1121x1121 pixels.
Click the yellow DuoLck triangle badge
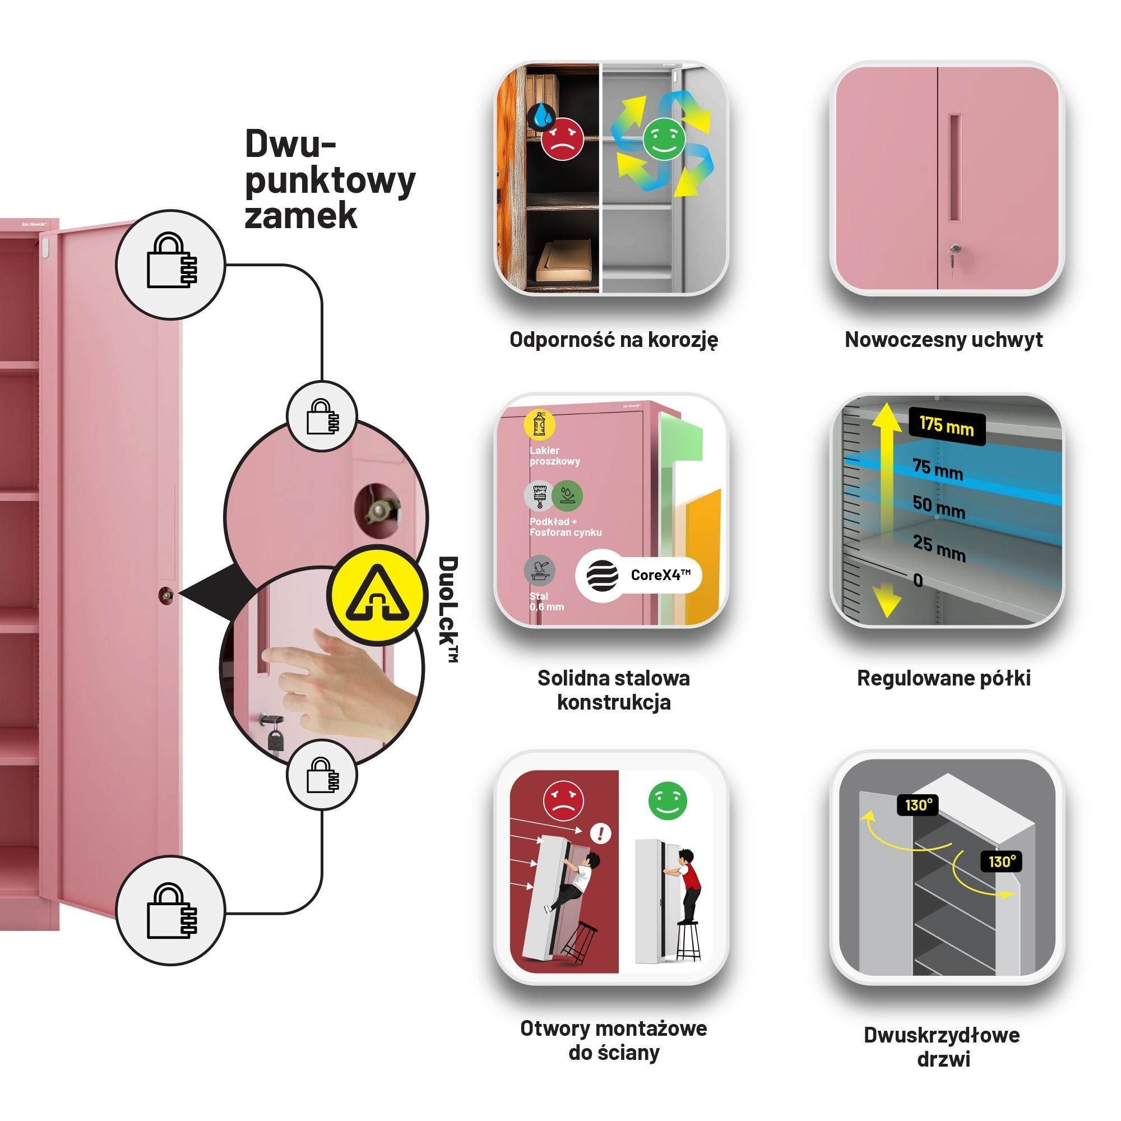click(x=377, y=595)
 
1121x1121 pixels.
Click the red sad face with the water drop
click(x=562, y=138)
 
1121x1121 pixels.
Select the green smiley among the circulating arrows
click(x=664, y=138)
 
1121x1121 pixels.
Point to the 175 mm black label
click(x=946, y=427)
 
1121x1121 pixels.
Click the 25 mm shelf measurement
click(x=938, y=547)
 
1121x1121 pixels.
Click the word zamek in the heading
click(x=300, y=216)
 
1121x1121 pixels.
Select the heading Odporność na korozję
click(x=613, y=340)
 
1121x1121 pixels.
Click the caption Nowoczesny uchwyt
click(x=943, y=340)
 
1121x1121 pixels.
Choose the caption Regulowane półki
click(x=943, y=678)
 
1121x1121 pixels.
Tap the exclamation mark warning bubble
click(x=600, y=834)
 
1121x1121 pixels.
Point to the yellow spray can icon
click(x=539, y=424)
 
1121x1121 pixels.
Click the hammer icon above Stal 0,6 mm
click(x=539, y=570)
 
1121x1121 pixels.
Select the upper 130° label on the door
click(x=918, y=805)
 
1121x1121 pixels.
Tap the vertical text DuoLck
click(x=448, y=609)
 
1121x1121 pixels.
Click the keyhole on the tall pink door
click(x=166, y=595)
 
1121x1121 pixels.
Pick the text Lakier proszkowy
click(x=554, y=456)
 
